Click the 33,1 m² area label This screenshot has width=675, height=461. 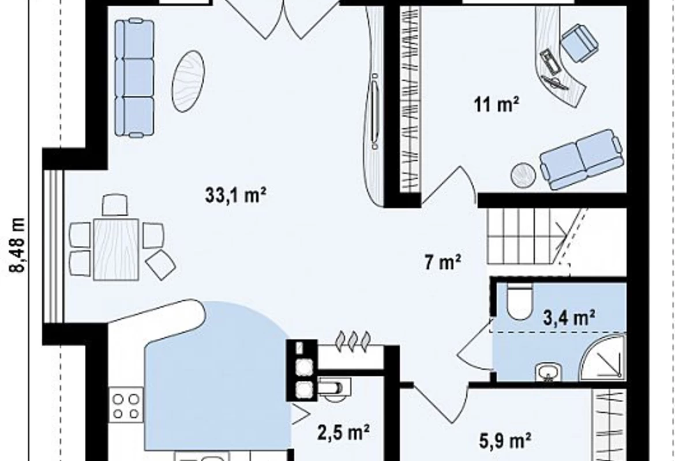(235, 195)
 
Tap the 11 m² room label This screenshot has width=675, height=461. (496, 104)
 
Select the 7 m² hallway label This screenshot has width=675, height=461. (443, 262)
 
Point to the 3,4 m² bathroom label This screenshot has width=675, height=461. (569, 318)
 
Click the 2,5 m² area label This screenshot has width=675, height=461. (343, 432)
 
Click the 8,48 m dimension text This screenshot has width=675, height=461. (18, 245)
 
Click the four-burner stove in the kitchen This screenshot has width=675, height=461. (126, 406)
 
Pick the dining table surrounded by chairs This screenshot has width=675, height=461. (116, 250)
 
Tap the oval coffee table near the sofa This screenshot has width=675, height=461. (188, 81)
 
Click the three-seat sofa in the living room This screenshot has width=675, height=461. (134, 78)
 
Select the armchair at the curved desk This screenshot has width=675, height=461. (579, 42)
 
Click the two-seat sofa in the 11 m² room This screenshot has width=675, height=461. (581, 160)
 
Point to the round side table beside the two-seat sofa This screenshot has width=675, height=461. (523, 175)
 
